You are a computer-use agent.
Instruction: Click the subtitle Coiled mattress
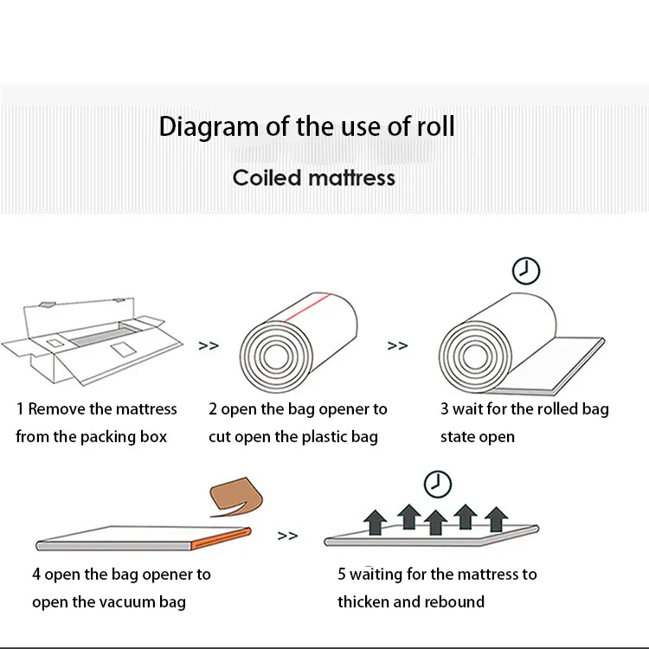click(x=313, y=177)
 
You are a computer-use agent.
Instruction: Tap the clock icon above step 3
click(x=525, y=271)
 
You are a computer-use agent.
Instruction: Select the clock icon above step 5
click(x=439, y=483)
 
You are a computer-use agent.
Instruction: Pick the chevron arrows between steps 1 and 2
click(x=209, y=345)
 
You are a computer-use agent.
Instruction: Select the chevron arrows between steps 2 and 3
click(x=397, y=345)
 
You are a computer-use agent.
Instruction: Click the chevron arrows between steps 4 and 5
click(x=288, y=537)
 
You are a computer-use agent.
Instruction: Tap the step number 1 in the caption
click(x=20, y=409)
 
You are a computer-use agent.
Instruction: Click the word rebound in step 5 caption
click(x=454, y=602)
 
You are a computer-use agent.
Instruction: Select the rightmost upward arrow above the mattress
click(x=496, y=519)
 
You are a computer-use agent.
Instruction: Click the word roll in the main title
click(x=435, y=126)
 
